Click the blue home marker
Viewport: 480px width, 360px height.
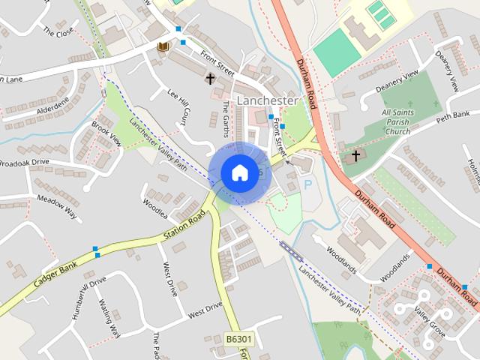tap(238, 172)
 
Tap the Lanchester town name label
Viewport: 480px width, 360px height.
tap(267, 100)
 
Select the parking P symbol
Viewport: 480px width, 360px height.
tap(307, 184)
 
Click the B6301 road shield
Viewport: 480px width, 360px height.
tap(239, 340)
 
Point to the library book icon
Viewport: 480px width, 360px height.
tap(163, 47)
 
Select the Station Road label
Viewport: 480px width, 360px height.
tap(184, 226)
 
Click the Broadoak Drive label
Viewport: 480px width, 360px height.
tap(24, 162)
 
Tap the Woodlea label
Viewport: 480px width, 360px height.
tap(155, 202)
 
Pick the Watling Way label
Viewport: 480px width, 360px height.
tap(109, 318)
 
